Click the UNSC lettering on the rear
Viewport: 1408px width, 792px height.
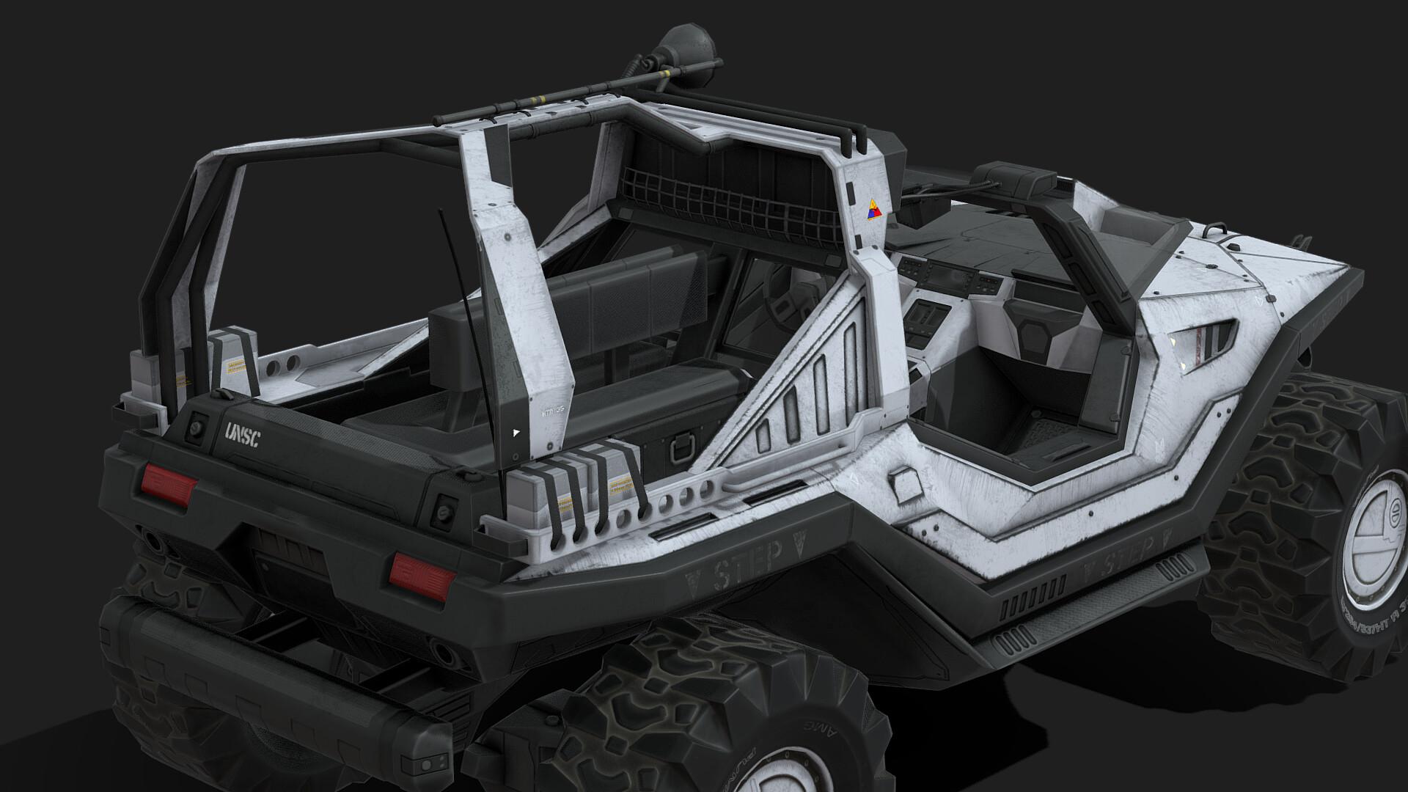[x=243, y=435]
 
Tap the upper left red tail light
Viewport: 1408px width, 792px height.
[x=169, y=485]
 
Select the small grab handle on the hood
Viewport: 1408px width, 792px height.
[x=1214, y=230]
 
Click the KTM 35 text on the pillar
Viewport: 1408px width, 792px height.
[x=551, y=413]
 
